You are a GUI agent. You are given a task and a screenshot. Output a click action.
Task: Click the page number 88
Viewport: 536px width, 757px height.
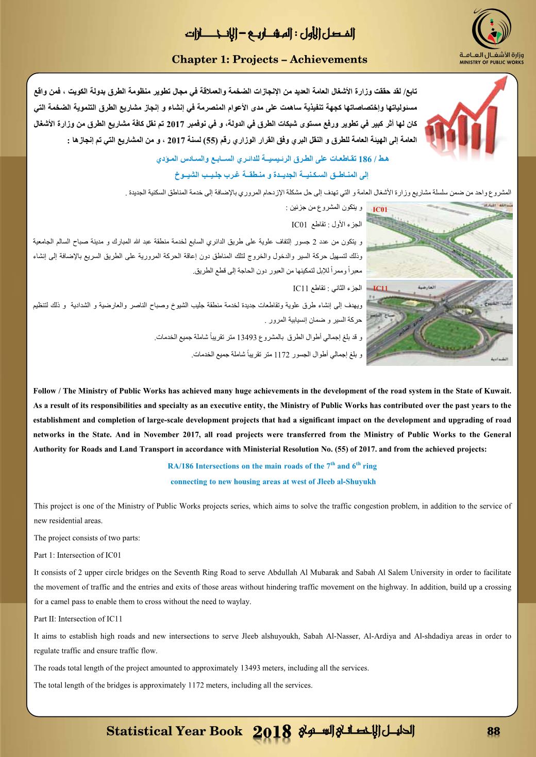pyautogui.click(x=494, y=731)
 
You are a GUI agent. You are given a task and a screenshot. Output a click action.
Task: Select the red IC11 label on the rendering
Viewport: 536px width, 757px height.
pyautogui.click(x=380, y=288)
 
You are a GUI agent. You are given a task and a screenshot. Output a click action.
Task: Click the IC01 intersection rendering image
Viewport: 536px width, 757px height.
pyautogui.click(x=441, y=240)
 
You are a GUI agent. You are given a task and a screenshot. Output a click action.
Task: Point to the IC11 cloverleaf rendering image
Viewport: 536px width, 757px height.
pyautogui.click(x=441, y=325)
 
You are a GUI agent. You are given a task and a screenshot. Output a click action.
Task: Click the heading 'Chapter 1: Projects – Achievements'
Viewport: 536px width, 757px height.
pyautogui.click(x=269, y=60)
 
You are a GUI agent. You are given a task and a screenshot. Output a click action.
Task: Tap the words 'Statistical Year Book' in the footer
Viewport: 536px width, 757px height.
pyautogui.click(x=174, y=731)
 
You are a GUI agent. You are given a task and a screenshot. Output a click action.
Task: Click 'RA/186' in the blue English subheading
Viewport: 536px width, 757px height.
pyautogui.click(x=180, y=466)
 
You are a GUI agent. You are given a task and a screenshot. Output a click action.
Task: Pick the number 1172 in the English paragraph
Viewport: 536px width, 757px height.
pyautogui.click(x=198, y=685)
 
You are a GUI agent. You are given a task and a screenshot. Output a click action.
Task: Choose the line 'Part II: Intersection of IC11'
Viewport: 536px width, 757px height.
pyautogui.click(x=78, y=619)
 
